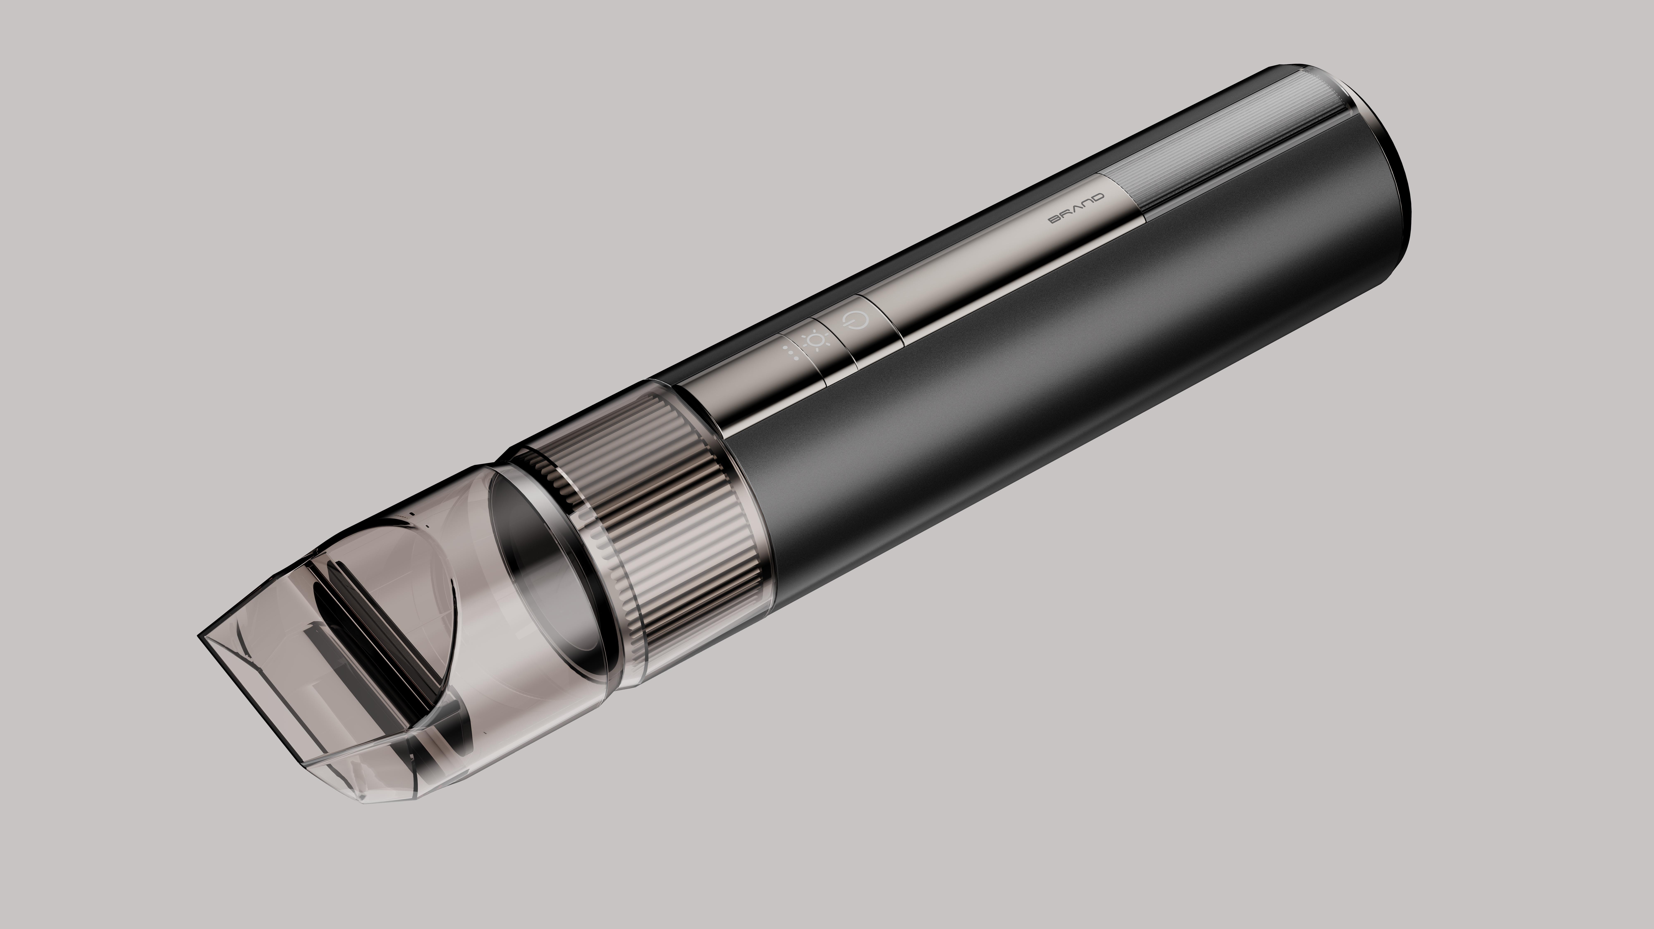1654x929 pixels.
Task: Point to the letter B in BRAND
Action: pyautogui.click(x=1055, y=220)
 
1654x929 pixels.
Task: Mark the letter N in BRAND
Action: pyautogui.click(x=1086, y=203)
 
